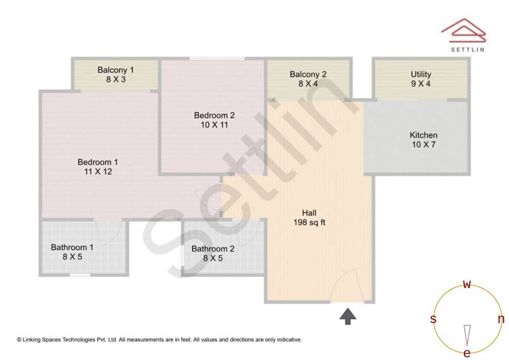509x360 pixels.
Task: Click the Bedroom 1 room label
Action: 98,162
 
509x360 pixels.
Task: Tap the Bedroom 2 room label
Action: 214,115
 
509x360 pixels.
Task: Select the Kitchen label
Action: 423,135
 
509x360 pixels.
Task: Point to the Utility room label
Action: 421,74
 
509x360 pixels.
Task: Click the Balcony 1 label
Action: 115,70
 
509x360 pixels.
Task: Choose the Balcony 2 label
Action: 308,74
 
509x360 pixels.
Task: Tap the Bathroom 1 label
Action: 72,247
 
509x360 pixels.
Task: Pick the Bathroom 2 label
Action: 213,249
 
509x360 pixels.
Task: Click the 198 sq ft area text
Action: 309,223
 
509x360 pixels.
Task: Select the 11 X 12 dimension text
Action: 98,172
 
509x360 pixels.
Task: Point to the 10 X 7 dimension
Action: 423,145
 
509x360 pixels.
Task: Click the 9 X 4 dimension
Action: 421,84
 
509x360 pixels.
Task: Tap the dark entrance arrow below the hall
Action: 348,316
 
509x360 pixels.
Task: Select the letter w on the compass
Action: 467,284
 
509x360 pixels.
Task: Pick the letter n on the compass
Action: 501,319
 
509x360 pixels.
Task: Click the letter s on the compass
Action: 433,319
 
